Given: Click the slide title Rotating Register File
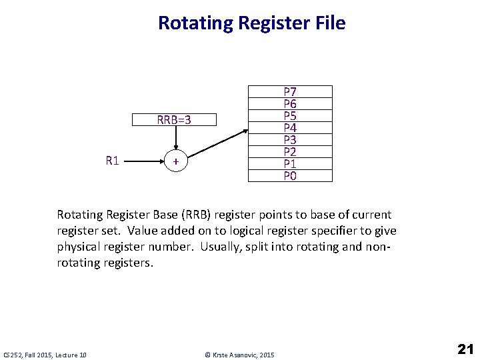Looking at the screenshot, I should [x=251, y=23].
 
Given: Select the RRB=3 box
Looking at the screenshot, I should [x=174, y=120].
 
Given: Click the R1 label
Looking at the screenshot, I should [x=112, y=161].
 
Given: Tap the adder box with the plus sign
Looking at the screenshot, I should [x=175, y=161].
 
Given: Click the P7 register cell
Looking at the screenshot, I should [x=290, y=91].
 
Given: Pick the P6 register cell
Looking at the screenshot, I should [x=290, y=103].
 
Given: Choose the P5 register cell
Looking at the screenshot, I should [x=290, y=115].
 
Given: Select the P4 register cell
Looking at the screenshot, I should [x=290, y=127].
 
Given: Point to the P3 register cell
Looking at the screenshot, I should [x=290, y=139].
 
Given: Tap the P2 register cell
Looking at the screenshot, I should [x=290, y=151].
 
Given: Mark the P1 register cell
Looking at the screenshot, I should [x=290, y=163].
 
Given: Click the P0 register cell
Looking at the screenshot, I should [x=290, y=175].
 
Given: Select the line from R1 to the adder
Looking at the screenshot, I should [x=144, y=161].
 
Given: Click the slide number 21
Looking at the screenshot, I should [x=465, y=349].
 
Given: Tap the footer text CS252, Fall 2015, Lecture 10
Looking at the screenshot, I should [x=45, y=355].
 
